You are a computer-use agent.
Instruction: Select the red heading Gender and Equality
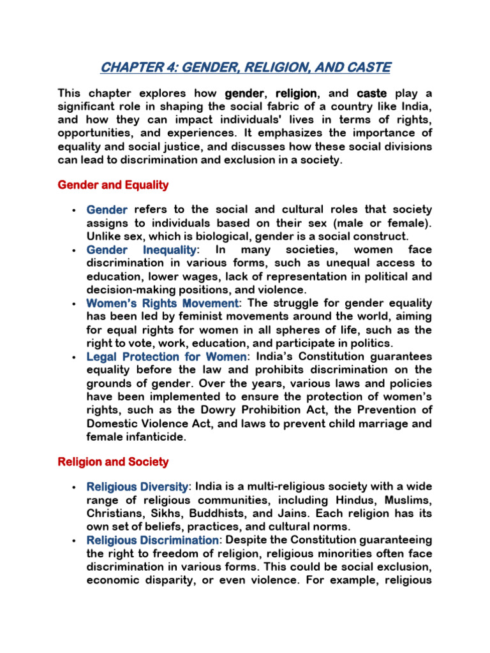[113, 185]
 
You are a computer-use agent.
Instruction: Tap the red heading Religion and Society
[113, 461]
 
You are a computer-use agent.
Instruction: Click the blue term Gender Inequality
[142, 249]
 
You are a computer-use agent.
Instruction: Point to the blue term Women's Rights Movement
[163, 303]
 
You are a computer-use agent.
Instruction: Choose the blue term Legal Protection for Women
[166, 356]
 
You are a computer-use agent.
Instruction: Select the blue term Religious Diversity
[137, 487]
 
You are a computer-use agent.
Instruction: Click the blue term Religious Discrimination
[152, 540]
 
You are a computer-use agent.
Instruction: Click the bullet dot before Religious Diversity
[75, 487]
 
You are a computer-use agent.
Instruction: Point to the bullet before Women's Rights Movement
[75, 304]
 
